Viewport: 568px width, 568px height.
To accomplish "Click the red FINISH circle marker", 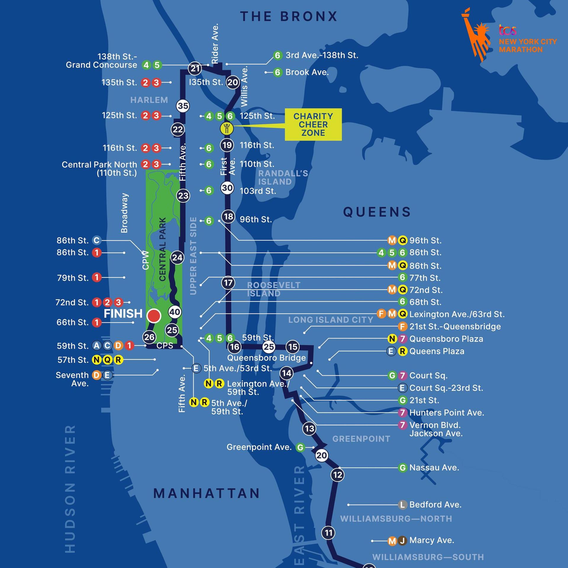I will (154, 316).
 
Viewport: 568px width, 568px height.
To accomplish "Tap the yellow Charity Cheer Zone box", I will (313, 125).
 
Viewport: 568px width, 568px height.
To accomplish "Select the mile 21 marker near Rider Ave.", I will (195, 69).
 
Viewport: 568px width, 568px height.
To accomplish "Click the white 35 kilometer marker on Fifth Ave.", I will (183, 106).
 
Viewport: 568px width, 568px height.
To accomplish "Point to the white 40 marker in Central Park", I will (175, 312).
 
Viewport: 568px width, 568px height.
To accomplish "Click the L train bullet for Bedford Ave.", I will (402, 505).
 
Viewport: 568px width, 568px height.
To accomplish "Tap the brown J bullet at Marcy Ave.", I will (402, 540).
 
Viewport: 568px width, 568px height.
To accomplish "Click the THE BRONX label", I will (289, 17).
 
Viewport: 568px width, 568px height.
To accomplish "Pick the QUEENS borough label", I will (377, 212).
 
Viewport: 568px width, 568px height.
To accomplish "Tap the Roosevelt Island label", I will (273, 289).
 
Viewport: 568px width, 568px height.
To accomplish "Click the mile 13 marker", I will (309, 428).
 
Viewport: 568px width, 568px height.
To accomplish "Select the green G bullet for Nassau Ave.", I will (402, 468).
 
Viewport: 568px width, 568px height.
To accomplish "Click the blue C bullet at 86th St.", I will (96, 241).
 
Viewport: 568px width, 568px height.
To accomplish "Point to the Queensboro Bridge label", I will (266, 358).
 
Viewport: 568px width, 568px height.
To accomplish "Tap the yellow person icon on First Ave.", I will (227, 129).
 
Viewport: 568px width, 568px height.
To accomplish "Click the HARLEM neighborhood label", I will (149, 100).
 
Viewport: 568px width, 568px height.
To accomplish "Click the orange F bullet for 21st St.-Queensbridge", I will (402, 327).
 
